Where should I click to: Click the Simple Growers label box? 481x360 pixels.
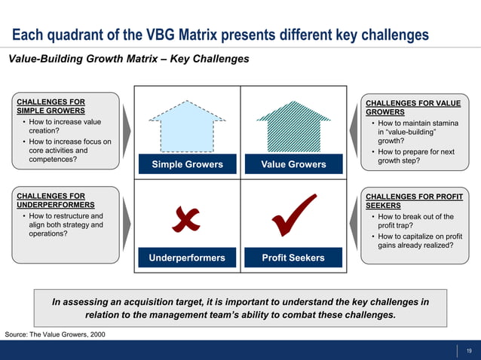coord(187,164)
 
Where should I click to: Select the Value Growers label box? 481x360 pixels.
coord(293,164)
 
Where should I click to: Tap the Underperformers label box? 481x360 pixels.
coord(187,258)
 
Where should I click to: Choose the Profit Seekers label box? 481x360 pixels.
coord(293,258)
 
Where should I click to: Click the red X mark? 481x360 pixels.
coord(185,218)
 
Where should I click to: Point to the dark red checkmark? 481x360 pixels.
coord(293,215)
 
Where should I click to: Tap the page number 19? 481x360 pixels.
coord(469,350)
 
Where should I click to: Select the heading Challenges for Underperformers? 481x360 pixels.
coord(55,200)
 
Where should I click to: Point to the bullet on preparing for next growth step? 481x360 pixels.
coord(415,156)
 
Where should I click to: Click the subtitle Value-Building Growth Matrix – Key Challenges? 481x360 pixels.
coord(128,59)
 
